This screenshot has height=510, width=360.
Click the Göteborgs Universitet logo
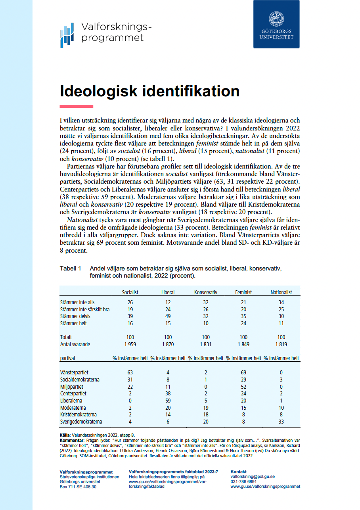point(276,24)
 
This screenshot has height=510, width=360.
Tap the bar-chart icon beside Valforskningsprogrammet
point(67,35)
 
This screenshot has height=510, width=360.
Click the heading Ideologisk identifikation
point(149,91)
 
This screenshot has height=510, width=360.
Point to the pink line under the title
point(76,106)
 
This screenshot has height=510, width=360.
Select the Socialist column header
point(130,292)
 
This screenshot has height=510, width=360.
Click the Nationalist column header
point(281,292)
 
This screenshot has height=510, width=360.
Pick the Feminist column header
point(243,292)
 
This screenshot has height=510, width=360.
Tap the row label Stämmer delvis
point(75,316)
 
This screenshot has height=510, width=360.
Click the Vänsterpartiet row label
point(74,372)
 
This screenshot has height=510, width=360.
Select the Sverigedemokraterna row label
point(81,422)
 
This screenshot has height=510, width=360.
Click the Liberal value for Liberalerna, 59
point(168,401)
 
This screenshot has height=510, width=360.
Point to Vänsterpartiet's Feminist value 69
point(243,372)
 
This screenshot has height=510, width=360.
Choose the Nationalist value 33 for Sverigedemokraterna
point(281,422)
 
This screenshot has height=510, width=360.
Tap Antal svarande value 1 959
point(130,344)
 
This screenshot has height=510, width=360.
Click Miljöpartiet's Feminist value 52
point(243,387)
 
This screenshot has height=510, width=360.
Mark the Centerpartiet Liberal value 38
point(168,393)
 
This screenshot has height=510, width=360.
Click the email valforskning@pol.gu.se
point(253,476)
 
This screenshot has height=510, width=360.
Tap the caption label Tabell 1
point(70,268)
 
